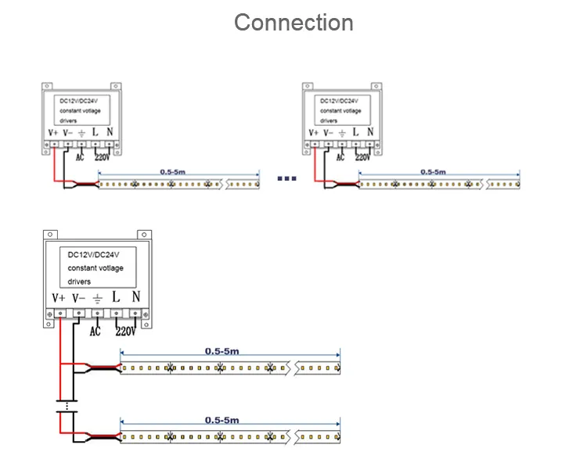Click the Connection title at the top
point(293,23)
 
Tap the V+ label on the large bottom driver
point(58,298)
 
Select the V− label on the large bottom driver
point(78,298)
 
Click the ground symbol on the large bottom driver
point(97,298)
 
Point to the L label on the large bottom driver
point(116,297)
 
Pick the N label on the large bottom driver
point(136,297)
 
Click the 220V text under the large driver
point(125,331)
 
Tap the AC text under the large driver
point(95,331)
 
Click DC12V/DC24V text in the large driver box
point(92,254)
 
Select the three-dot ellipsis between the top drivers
point(287,179)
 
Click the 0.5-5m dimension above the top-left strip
point(171,170)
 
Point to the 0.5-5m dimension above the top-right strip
point(433,170)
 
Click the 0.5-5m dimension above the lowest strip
point(221,420)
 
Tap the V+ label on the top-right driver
point(314,133)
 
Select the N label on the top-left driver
point(109,132)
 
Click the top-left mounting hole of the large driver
point(49,234)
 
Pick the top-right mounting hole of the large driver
point(144,234)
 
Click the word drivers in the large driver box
point(79,281)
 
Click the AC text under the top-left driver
point(79,156)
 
